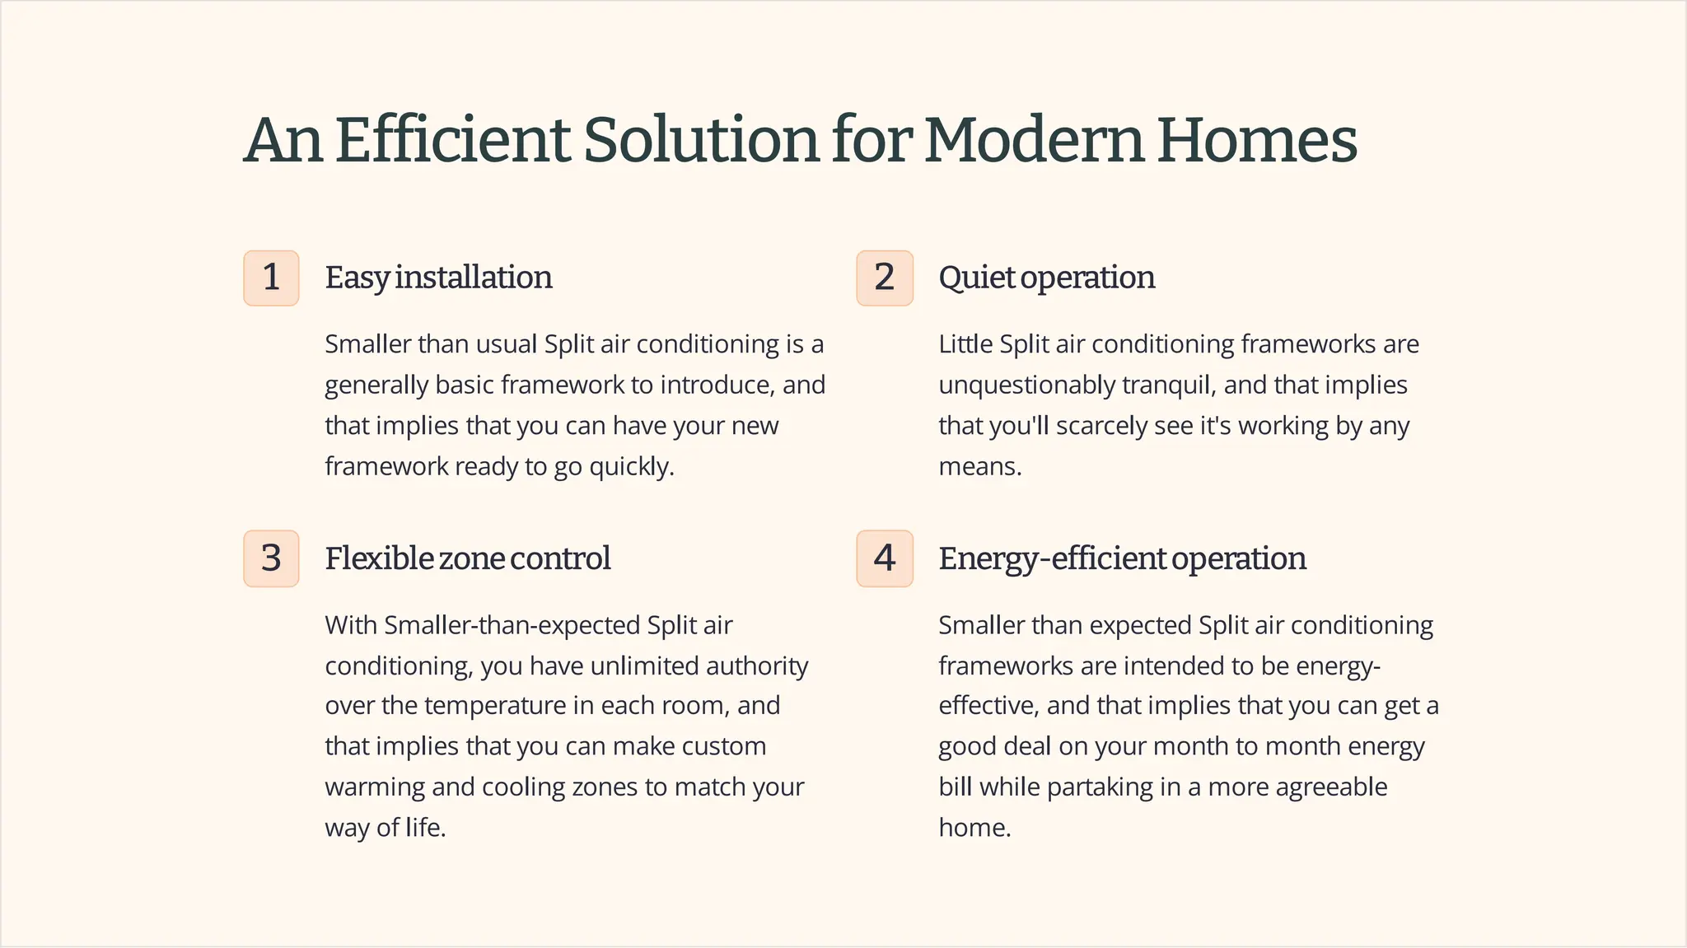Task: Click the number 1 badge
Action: tap(271, 278)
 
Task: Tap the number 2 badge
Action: tap(885, 278)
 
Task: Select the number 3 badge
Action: tap(271, 558)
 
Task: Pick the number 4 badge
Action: tap(885, 558)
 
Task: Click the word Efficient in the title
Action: tap(453, 140)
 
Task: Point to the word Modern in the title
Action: tap(1034, 140)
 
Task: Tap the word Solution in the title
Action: tap(701, 140)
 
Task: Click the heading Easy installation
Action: tap(438, 278)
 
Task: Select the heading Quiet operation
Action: tap(1046, 278)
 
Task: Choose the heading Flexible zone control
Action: tap(467, 558)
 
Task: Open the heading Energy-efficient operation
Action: tap(1122, 558)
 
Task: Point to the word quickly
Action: tap(631, 467)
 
